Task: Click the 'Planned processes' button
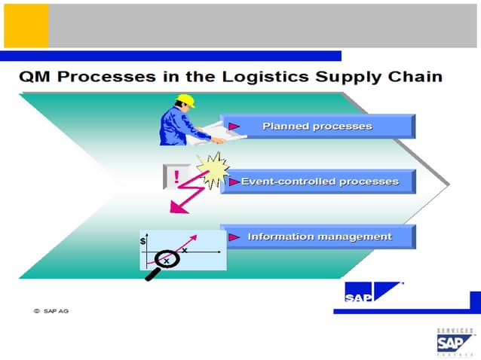pyautogui.click(x=317, y=127)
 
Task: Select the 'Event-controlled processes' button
pyautogui.click(x=317, y=182)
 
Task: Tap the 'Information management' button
pyautogui.click(x=317, y=237)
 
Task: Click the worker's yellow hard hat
pyautogui.click(x=185, y=101)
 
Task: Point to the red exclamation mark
pyautogui.click(x=176, y=177)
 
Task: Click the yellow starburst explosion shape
pyautogui.click(x=212, y=169)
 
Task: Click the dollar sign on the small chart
pyautogui.click(x=143, y=241)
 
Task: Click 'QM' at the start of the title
pyautogui.click(x=35, y=78)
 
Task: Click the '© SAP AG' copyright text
pyautogui.click(x=51, y=310)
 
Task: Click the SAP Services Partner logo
pyautogui.click(x=455, y=343)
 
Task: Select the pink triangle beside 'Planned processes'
pyautogui.click(x=234, y=126)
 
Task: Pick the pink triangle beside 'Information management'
pyautogui.click(x=234, y=237)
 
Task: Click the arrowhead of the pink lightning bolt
pyautogui.click(x=175, y=208)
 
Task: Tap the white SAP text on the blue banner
pyautogui.click(x=358, y=298)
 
